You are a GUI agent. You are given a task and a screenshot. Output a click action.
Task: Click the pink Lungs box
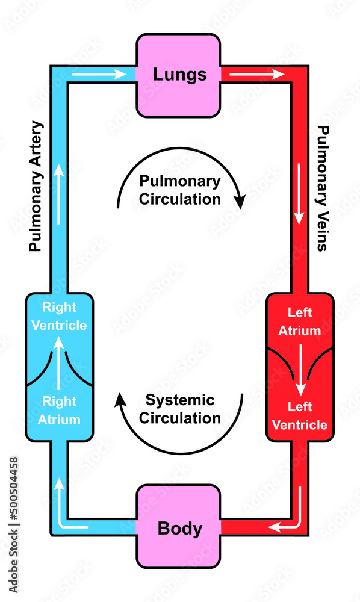[x=179, y=75]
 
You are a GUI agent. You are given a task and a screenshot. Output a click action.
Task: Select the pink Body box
[x=179, y=528]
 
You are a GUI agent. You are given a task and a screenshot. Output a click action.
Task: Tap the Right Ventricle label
[x=59, y=316]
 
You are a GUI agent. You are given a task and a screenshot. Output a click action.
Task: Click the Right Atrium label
[x=59, y=411]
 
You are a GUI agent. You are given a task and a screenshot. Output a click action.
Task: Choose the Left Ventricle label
[x=299, y=415]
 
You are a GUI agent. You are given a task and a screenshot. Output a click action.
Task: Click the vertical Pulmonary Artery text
[x=37, y=186]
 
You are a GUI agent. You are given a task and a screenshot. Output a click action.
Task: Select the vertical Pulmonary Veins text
[x=323, y=188]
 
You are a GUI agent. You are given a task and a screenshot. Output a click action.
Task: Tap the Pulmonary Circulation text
[x=179, y=190]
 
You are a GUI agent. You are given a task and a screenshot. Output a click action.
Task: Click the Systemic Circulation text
[x=179, y=408]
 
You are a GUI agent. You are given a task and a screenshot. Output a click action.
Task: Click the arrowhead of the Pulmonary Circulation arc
[x=241, y=202]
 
